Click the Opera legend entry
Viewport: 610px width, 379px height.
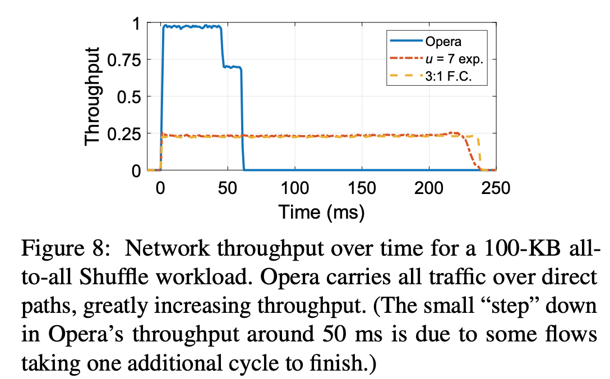point(443,41)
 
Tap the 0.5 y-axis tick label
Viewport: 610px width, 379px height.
point(132,96)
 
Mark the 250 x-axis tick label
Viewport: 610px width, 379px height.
point(496,188)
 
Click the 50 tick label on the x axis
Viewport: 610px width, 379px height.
point(228,188)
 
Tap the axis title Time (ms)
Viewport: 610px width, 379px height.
point(322,212)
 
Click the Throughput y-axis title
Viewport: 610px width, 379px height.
point(93,97)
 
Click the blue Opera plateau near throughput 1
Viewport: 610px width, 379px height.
point(191,26)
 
